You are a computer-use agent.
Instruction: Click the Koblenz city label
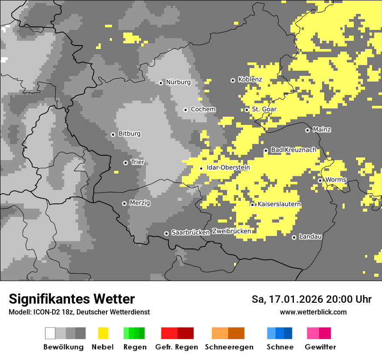[x=250, y=80]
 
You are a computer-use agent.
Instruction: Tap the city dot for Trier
[x=126, y=163]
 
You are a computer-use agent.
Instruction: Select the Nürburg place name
[x=178, y=82]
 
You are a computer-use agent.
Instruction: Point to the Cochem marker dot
[x=186, y=110]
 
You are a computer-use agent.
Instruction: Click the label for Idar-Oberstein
[x=228, y=168]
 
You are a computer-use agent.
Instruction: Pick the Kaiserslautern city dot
[x=253, y=204]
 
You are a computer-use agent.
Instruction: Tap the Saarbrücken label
[x=191, y=233]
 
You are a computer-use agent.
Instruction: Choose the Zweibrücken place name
[x=231, y=231]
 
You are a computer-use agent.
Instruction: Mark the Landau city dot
[x=294, y=237]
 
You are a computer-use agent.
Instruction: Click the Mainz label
[x=322, y=130]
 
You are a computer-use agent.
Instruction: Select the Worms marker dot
[x=320, y=180]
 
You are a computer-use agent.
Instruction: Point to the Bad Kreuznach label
[x=293, y=150]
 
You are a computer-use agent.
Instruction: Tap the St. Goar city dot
[x=247, y=110]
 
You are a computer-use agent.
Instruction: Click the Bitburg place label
[x=129, y=134]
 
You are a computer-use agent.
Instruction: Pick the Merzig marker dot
[x=125, y=203]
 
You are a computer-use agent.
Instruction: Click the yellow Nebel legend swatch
[x=103, y=333]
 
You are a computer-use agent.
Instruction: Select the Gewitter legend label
[x=320, y=347]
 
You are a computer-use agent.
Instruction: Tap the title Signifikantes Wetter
[x=72, y=299]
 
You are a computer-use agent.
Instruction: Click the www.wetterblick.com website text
[x=313, y=312]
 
